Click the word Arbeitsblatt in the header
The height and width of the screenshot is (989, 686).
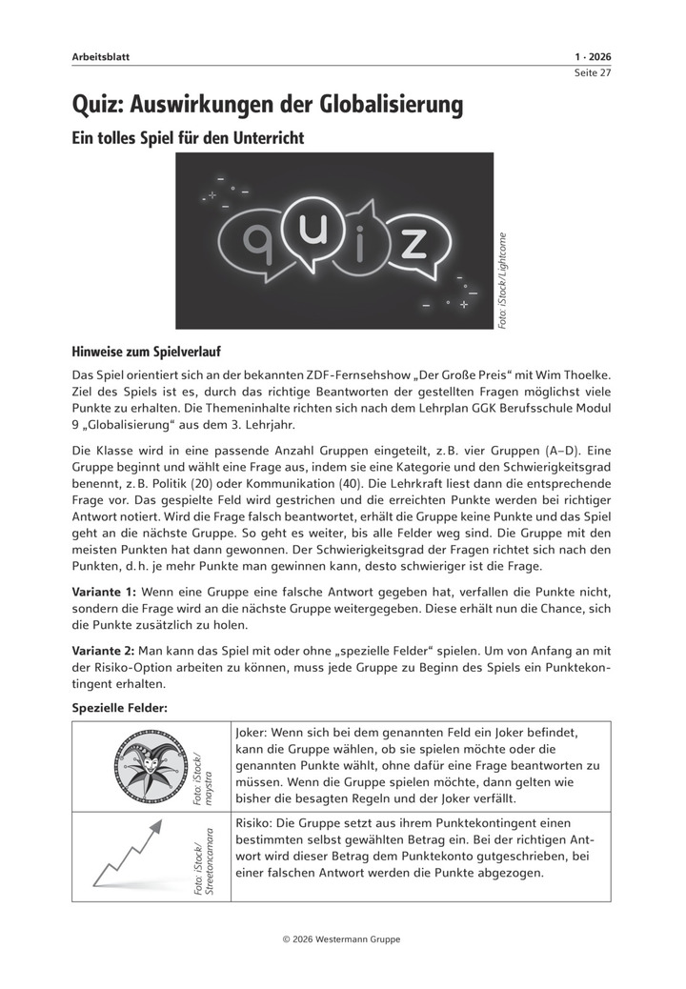[x=100, y=57]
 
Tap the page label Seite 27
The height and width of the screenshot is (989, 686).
[x=592, y=74]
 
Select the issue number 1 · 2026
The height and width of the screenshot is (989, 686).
[x=593, y=57]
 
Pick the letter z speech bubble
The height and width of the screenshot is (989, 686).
[x=412, y=243]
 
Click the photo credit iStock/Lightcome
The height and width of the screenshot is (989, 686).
[x=504, y=281]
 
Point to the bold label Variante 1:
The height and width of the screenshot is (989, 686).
[x=105, y=592]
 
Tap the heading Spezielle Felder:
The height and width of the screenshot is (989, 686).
[x=120, y=708]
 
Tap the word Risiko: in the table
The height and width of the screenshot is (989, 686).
[x=254, y=821]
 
